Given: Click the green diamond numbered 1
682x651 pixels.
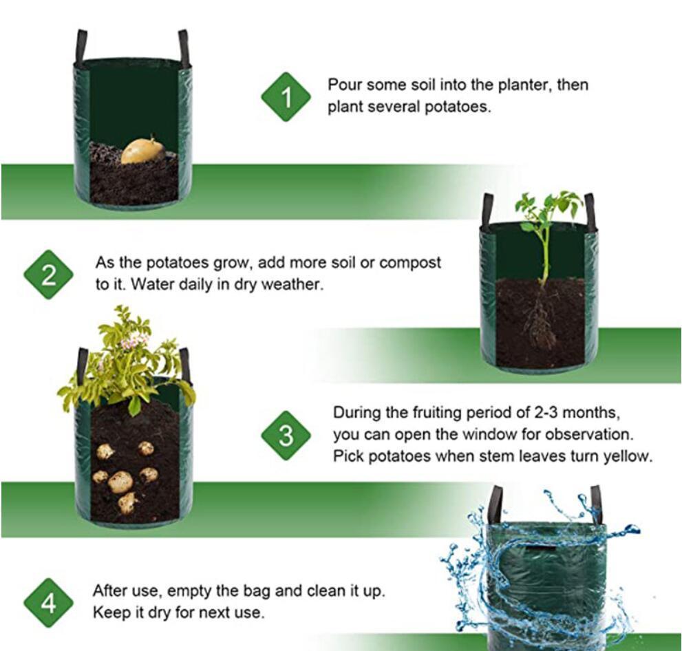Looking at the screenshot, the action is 286,97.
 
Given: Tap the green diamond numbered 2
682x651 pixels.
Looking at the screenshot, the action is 48,275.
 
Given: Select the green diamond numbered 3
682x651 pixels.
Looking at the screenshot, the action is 286,436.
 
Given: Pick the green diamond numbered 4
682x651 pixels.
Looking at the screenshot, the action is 48,603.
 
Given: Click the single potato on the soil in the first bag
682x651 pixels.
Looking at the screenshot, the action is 143,150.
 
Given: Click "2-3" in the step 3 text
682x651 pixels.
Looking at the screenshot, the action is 546,412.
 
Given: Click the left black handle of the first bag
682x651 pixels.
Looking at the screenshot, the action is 82,45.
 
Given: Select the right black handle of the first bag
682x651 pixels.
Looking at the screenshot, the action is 184,47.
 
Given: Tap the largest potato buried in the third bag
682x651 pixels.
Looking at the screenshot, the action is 120,482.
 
